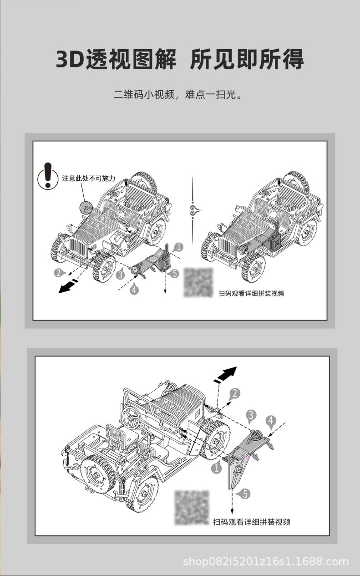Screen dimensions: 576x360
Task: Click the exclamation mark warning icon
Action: coord(47,175)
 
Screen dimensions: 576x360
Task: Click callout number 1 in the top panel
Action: coord(178,247)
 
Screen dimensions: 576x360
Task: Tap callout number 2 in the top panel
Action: coord(58,273)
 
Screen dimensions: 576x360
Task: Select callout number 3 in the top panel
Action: coord(121,274)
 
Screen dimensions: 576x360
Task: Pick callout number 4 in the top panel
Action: coord(134,289)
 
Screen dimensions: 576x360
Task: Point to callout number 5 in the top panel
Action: coord(175,274)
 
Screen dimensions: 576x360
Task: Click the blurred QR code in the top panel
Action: coord(198,282)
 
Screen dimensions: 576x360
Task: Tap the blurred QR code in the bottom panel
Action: coord(192,508)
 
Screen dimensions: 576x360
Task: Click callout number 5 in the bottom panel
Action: coord(245,493)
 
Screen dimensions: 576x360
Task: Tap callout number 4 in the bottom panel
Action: coord(271,421)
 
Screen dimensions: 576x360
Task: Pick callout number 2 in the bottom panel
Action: coord(234,393)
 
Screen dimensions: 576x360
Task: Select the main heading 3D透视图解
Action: coord(116,60)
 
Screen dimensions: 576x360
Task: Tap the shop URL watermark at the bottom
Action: coord(266,561)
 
